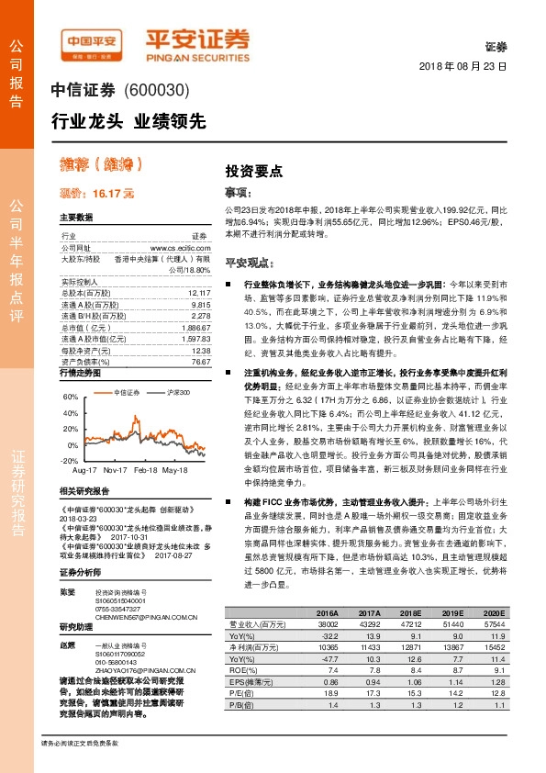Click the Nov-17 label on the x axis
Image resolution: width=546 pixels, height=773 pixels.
pos(116,469)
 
